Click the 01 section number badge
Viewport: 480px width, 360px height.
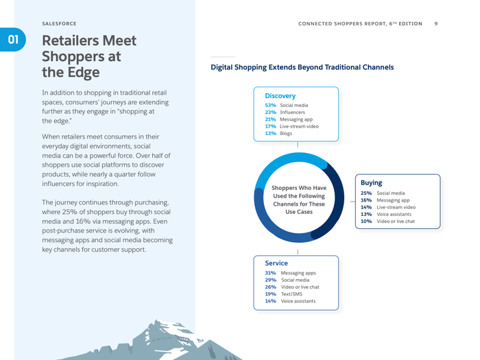(12, 40)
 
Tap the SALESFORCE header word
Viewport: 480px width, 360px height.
(59, 23)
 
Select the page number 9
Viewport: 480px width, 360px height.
(437, 23)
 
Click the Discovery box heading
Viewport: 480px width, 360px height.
(280, 95)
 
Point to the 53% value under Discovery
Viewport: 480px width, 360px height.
(270, 105)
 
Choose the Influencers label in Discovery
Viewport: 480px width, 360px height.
(293, 112)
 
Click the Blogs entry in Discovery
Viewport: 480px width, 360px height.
(286, 133)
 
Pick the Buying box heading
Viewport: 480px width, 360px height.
(371, 182)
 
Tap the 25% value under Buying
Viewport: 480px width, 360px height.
(366, 193)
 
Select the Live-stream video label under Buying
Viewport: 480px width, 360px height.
(396, 207)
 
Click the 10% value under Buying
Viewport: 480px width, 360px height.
(366, 221)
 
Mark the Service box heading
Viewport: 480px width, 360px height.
(276, 263)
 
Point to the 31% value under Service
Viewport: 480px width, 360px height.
(270, 273)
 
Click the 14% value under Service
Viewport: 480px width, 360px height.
(270, 301)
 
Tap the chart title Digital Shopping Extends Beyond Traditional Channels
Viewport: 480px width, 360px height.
(302, 67)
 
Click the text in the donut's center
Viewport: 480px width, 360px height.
(298, 200)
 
